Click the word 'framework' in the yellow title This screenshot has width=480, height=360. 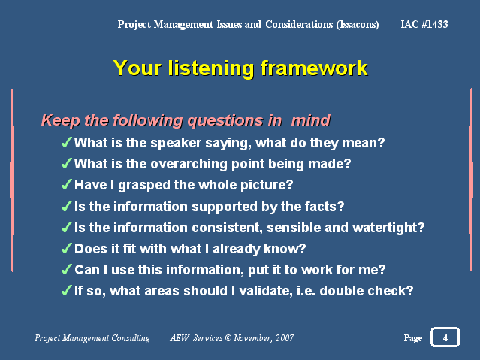(x=314, y=68)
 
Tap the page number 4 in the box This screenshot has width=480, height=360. (x=445, y=337)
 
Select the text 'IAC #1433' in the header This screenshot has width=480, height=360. (x=424, y=24)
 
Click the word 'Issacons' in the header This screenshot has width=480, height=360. (x=358, y=25)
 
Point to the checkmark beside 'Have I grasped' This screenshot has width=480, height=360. (x=66, y=184)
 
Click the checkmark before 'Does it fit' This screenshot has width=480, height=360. (x=66, y=248)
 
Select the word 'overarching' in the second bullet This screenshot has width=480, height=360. (x=189, y=164)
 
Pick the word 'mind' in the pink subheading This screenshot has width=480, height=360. (x=310, y=120)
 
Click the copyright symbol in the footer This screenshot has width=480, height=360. (x=228, y=337)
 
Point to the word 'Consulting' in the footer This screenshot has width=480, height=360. (x=131, y=338)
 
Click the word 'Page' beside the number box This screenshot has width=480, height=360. (x=413, y=338)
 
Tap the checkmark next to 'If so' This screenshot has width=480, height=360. (x=66, y=290)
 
